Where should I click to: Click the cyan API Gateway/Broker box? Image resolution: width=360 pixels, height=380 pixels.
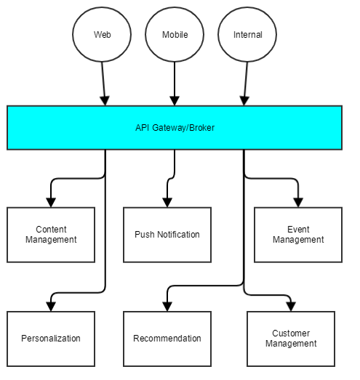click(175, 128)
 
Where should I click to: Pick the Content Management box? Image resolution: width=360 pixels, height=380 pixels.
click(51, 235)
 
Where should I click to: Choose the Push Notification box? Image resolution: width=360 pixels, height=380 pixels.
click(167, 235)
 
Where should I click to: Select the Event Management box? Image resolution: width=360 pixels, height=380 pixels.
click(298, 235)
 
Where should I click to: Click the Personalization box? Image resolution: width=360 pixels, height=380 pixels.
click(51, 339)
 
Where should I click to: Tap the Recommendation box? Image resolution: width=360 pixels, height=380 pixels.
click(167, 339)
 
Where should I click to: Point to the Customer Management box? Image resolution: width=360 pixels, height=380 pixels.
click(291, 339)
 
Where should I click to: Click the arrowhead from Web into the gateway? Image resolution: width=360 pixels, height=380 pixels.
click(105, 101)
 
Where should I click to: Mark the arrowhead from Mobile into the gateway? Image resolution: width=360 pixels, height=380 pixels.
click(175, 101)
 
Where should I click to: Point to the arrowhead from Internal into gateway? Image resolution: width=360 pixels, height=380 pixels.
click(244, 101)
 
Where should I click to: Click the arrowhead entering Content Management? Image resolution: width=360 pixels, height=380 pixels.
click(51, 203)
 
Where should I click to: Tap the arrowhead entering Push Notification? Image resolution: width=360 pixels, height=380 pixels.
click(167, 203)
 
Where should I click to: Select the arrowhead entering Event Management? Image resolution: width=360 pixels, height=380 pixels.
click(298, 203)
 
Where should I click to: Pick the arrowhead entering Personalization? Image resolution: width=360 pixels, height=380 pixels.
click(51, 307)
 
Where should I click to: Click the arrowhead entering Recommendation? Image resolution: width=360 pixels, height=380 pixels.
click(167, 307)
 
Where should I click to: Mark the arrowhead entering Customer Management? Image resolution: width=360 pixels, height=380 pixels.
click(291, 307)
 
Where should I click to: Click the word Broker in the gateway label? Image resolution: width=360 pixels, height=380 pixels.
click(202, 128)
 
